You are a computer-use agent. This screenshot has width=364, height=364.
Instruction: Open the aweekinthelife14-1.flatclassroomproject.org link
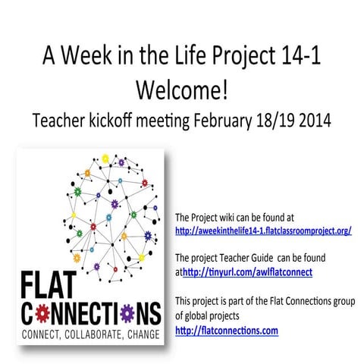pyautogui.click(x=262, y=230)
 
